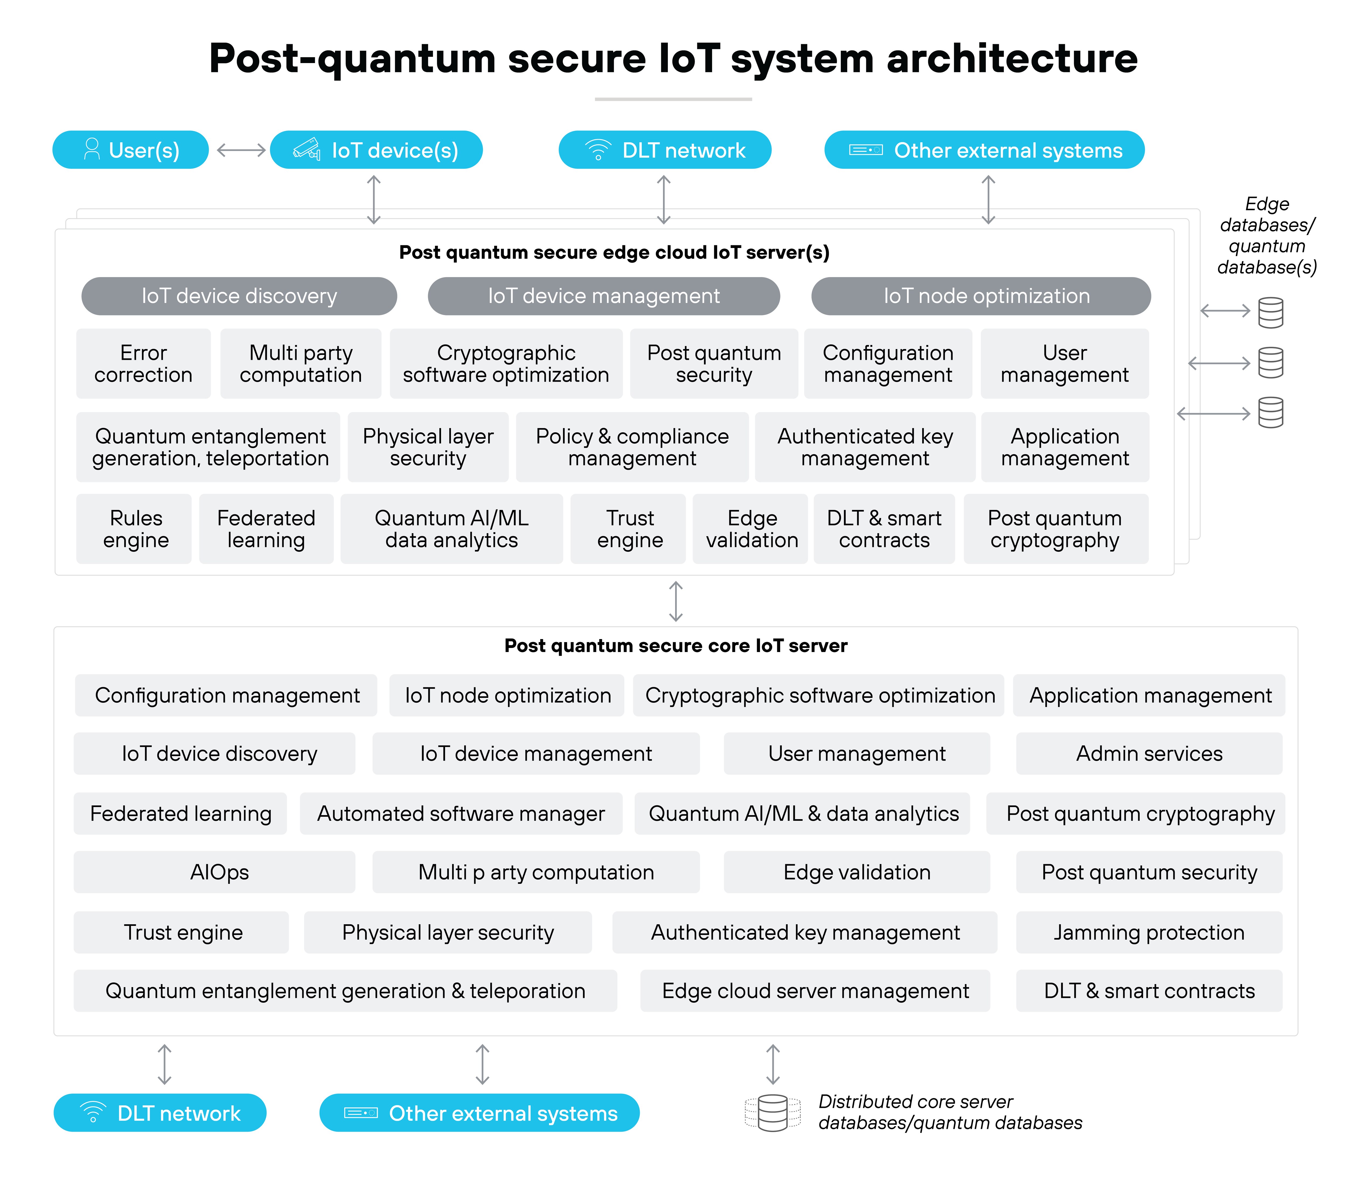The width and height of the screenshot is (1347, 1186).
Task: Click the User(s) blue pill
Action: [130, 150]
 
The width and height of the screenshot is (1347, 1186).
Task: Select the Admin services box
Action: [1149, 754]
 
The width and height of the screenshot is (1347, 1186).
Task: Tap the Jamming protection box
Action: [1149, 932]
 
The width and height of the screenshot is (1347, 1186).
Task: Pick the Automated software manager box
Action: [461, 813]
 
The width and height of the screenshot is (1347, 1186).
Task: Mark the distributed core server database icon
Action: [772, 1113]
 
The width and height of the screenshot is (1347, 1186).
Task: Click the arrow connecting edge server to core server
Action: [675, 601]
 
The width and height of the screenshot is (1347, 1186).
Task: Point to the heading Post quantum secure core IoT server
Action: [675, 645]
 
